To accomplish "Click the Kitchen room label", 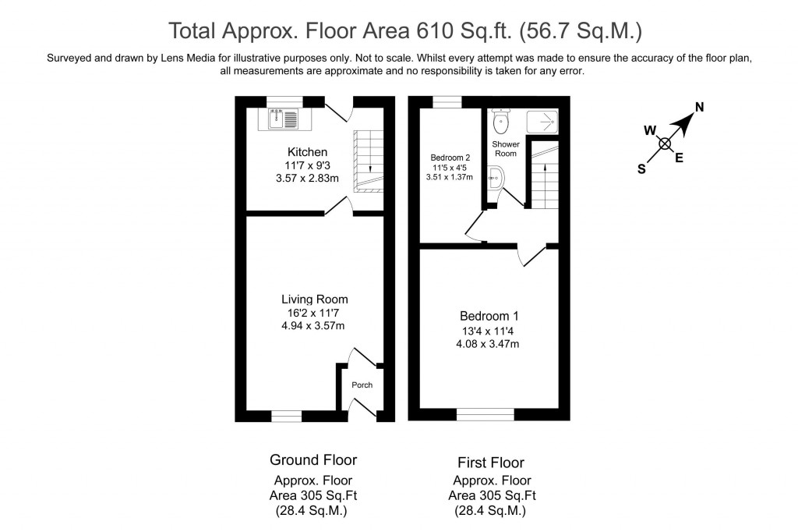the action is tap(307, 152).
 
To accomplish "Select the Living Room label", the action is tap(315, 299).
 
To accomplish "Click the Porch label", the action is tap(362, 385).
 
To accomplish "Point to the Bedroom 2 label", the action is tap(450, 158).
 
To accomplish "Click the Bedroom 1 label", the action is tap(489, 316).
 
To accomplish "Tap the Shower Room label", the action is tap(505, 149).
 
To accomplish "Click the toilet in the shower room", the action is tap(501, 121).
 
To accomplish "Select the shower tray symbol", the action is tap(542, 122).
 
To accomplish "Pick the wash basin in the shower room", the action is tap(496, 179).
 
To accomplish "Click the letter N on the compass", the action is tap(699, 107).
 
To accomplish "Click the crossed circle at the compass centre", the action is tap(665, 144).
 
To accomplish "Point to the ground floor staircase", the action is tap(369, 161).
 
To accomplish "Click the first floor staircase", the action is tap(545, 176).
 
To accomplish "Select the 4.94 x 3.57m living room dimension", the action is tap(313, 325).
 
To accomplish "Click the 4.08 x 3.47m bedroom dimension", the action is tap(488, 344).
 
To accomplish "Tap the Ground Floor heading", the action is tap(313, 460).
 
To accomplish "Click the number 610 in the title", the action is tap(435, 30).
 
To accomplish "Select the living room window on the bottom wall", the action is tap(287, 416).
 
